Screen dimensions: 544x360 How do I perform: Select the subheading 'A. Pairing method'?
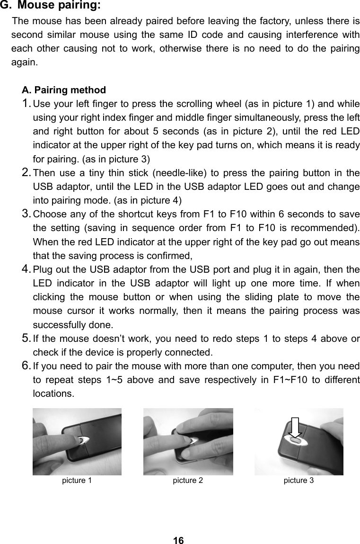(64, 90)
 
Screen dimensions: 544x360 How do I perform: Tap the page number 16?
(178, 540)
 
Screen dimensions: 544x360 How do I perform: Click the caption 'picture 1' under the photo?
(77, 481)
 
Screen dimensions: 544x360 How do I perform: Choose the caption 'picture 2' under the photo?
(188, 481)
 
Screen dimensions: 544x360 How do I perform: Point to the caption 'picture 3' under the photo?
(299, 481)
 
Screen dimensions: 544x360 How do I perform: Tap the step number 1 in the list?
(27, 104)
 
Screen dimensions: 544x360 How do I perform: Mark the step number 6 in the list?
(27, 366)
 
